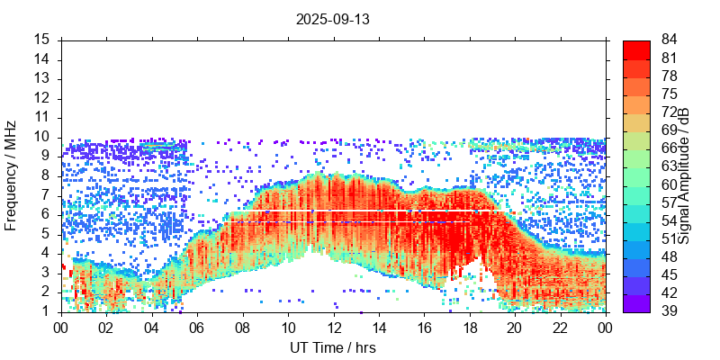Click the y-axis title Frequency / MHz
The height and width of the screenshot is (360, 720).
point(11,175)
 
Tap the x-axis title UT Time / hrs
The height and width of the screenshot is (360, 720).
point(333,347)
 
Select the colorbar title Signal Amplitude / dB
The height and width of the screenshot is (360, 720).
point(685,176)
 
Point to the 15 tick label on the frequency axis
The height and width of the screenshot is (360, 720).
point(42,40)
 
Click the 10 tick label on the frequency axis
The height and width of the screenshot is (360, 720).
point(42,137)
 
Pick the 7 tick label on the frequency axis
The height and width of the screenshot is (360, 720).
point(47,195)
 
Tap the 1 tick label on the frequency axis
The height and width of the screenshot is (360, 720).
point(47,311)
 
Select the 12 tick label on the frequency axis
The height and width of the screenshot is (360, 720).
point(42,98)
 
